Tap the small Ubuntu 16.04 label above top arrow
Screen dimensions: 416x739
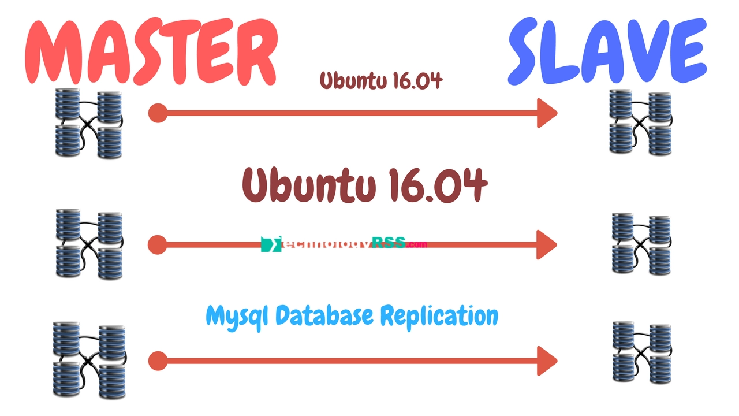coord(381,80)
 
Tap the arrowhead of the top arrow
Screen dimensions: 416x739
coord(547,113)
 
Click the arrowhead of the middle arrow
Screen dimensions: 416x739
coord(547,244)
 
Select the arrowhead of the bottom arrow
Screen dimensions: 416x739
coord(547,361)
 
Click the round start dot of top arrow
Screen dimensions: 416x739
coord(157,113)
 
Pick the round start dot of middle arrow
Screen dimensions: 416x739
coord(157,245)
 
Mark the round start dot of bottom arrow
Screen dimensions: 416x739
coord(157,362)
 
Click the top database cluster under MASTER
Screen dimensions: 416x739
coord(89,123)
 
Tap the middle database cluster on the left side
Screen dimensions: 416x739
coord(89,243)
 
